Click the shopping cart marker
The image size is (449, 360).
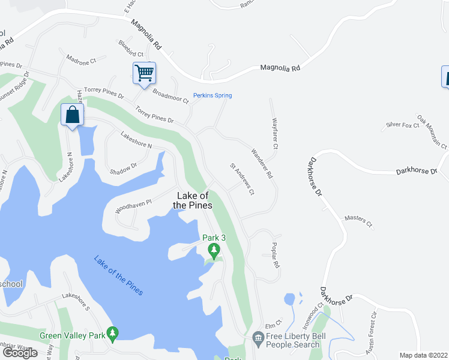pos(144,73)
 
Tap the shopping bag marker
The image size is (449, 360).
pos(72,115)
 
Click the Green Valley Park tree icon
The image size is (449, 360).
pos(112,334)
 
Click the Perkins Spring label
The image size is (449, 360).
pos(212,95)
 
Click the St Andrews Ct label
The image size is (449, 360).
pos(243,179)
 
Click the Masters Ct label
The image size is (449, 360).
pos(358,220)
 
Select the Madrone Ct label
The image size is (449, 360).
pos(81,61)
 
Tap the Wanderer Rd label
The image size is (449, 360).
pos(262,164)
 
